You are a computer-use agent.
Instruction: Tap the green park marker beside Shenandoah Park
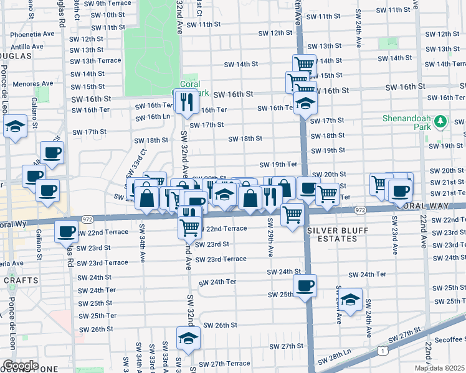(x=442, y=121)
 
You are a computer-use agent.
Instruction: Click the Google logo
(x=21, y=366)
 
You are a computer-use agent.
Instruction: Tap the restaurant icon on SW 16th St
(x=186, y=101)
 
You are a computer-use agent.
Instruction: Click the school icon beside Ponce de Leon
(x=15, y=127)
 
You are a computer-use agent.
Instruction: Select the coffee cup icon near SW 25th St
(x=305, y=286)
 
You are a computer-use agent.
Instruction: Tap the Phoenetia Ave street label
(x=26, y=35)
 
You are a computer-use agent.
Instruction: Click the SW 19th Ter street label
(x=278, y=164)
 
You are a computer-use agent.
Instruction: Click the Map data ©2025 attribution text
(x=439, y=368)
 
